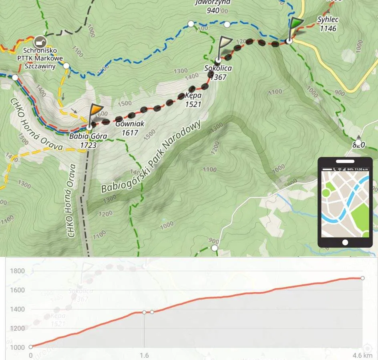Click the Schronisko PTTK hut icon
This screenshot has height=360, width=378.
click(x=39, y=41)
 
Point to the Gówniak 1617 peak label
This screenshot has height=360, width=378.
click(x=129, y=128)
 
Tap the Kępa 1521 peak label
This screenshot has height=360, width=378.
click(x=193, y=100)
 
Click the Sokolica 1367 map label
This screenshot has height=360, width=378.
click(x=218, y=72)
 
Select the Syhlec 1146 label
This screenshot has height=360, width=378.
click(x=328, y=24)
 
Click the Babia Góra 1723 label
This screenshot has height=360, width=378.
click(x=88, y=140)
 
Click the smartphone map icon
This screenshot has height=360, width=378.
click(x=345, y=202)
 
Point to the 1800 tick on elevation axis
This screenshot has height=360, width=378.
click(x=18, y=271)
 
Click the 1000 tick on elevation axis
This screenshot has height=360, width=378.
click(x=18, y=347)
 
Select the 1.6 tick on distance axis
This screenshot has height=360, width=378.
click(x=144, y=355)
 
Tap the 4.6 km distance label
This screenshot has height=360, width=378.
click(x=362, y=355)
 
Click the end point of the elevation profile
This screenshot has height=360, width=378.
click(x=362, y=278)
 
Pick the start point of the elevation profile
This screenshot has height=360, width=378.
click(x=31, y=347)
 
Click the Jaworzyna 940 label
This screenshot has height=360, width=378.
click(x=212, y=7)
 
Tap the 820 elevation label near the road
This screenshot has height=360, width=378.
click(x=359, y=144)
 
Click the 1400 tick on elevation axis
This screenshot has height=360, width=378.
click(x=18, y=309)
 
